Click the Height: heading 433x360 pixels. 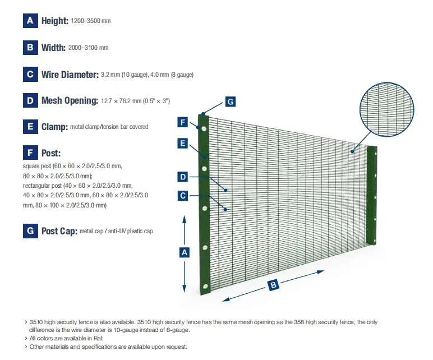54,21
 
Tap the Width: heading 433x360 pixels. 53,48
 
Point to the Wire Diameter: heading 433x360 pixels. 70,74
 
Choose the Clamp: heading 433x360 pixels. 54,127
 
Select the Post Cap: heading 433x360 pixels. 59,231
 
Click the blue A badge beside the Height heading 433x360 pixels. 30,21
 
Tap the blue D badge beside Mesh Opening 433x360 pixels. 30,100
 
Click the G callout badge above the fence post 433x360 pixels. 230,101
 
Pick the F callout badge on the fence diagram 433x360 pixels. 183,122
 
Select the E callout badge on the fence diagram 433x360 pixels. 183,144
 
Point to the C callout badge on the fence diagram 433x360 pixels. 183,196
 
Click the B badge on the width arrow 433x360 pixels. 273,285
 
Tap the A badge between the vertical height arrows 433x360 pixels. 184,253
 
